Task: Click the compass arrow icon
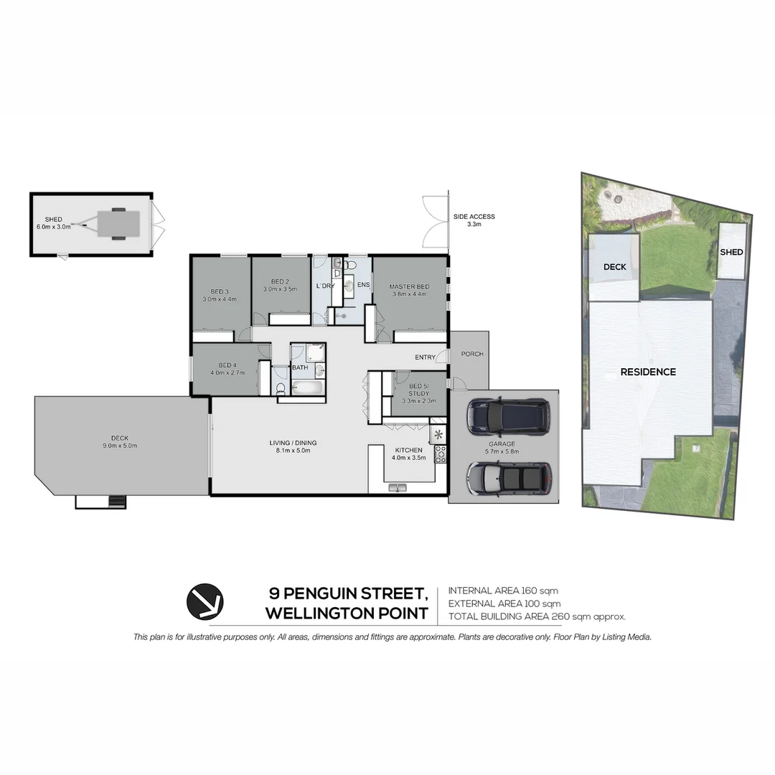click(x=205, y=601)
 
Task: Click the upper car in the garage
click(x=508, y=417)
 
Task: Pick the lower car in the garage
click(x=509, y=477)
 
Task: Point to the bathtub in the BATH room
click(x=309, y=389)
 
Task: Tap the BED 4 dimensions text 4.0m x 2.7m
click(x=227, y=373)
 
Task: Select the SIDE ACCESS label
click(x=474, y=217)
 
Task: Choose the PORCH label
click(x=471, y=354)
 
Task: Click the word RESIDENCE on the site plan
click(x=648, y=372)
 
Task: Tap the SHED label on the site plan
click(x=731, y=252)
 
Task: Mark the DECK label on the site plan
click(x=614, y=266)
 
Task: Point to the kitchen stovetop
click(x=441, y=453)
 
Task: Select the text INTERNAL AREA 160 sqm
click(x=503, y=591)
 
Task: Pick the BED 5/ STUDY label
click(x=418, y=390)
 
